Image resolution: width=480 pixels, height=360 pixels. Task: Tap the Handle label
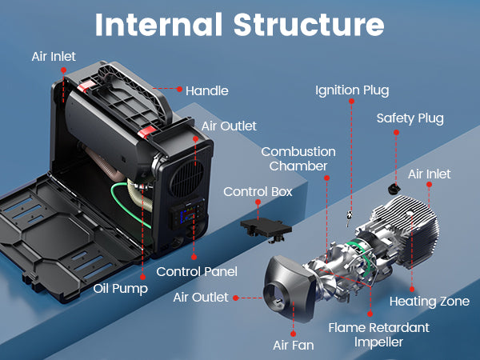pos(206,90)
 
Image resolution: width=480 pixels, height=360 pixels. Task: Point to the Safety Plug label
pos(410,118)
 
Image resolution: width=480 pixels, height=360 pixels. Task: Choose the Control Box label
pos(258,192)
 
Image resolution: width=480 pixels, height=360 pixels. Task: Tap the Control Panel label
pos(197,271)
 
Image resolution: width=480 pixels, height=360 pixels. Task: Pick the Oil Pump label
pos(120,288)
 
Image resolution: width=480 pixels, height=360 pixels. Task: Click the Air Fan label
pos(292,346)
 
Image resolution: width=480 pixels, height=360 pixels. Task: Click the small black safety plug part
pos(394,188)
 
